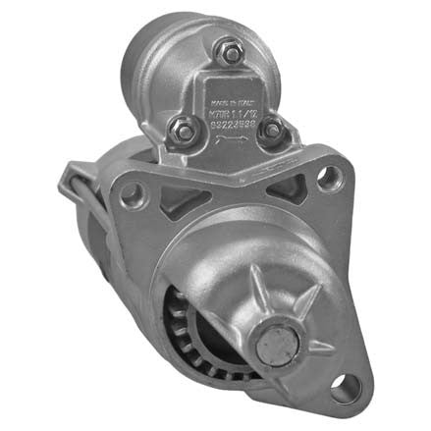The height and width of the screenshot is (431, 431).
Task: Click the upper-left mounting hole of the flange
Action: click(130, 191)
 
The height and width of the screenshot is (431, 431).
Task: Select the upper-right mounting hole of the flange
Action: click(328, 177)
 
